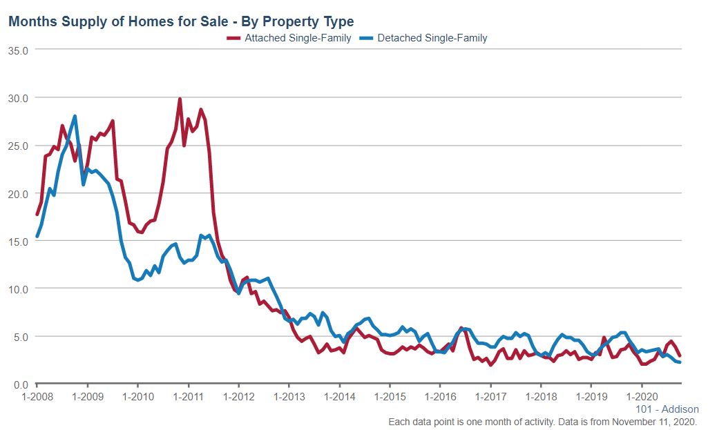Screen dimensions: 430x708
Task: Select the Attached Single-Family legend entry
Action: tap(289, 38)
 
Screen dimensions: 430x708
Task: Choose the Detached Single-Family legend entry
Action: tap(432, 38)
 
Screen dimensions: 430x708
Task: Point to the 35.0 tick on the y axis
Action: tap(18, 50)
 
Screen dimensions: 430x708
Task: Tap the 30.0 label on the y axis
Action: tap(18, 98)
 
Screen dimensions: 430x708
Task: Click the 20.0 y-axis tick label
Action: tap(18, 193)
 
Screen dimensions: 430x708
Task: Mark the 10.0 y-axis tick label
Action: tap(18, 289)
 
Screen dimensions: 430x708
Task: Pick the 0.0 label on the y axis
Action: tap(20, 384)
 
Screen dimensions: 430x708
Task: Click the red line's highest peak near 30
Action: tap(180, 99)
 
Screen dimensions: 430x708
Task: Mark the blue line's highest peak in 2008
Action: tap(75, 117)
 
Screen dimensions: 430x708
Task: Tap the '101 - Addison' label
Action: tap(667, 409)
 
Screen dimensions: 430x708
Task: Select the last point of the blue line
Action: tap(680, 362)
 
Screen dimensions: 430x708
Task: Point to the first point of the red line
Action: tap(37, 215)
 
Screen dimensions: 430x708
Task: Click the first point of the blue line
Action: tap(37, 237)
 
